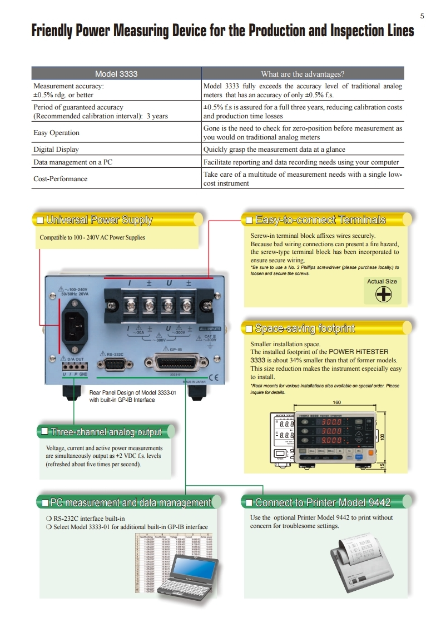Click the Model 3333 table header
116,74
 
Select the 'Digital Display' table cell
56,149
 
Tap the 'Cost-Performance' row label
61,179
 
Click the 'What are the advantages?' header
303,74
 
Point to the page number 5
422,16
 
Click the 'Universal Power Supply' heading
99,220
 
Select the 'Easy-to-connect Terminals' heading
320,220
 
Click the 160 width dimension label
336,402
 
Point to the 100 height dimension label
382,437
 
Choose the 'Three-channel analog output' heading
106,432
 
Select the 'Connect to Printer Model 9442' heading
323,503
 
